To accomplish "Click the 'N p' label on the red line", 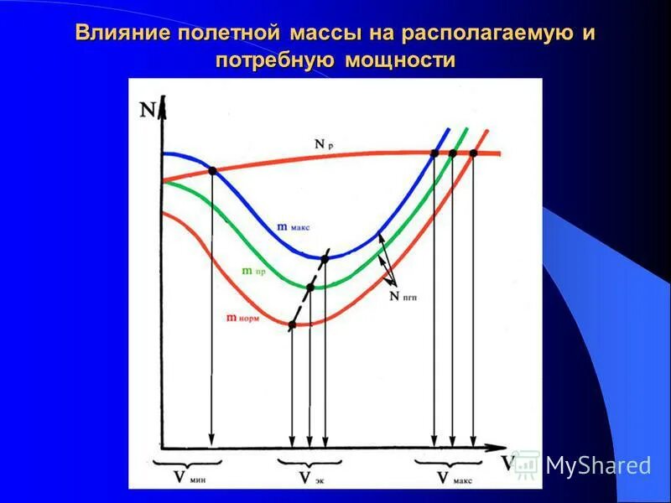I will [x=324, y=144].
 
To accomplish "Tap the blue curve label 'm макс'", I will [x=294, y=226].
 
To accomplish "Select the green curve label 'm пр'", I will [x=253, y=271].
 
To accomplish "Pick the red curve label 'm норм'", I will [x=242, y=317].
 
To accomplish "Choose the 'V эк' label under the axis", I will [x=309, y=478].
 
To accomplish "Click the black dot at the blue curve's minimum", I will [x=325, y=257].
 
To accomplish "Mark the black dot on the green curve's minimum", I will [x=309, y=288].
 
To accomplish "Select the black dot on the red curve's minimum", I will [x=292, y=324].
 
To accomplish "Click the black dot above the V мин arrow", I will [x=212, y=170].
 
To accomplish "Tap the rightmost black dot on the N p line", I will [x=473, y=153].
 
